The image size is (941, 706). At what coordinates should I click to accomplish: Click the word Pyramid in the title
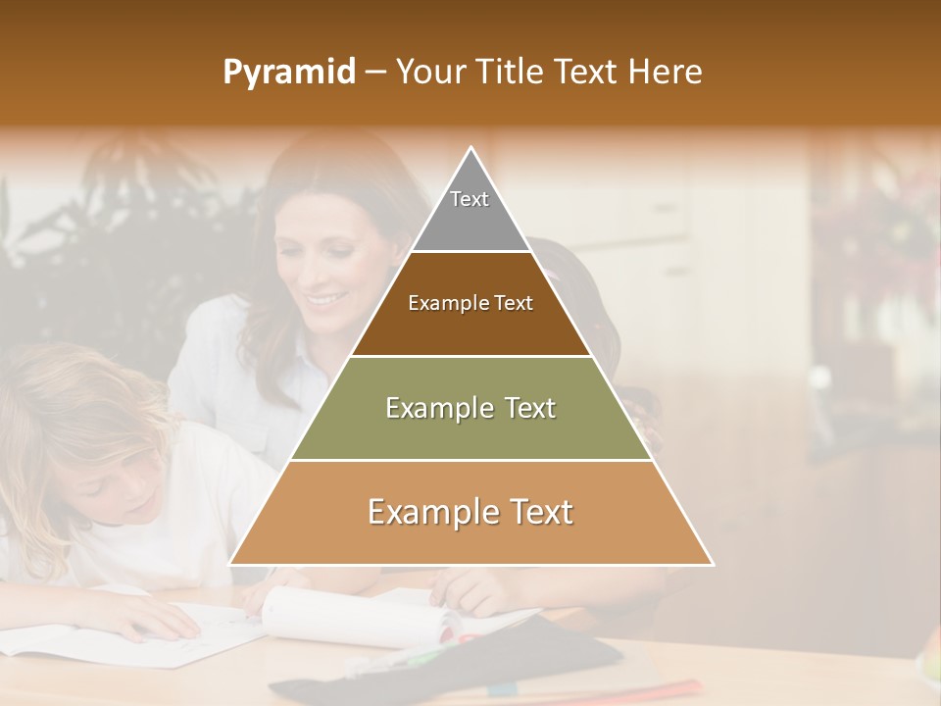pos(289,73)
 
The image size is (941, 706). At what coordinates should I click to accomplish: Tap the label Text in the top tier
pos(470,199)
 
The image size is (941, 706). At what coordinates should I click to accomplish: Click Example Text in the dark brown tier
pos(470,303)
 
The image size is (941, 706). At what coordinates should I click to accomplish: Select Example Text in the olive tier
pos(470,408)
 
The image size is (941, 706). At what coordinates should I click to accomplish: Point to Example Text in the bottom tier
pos(470,512)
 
